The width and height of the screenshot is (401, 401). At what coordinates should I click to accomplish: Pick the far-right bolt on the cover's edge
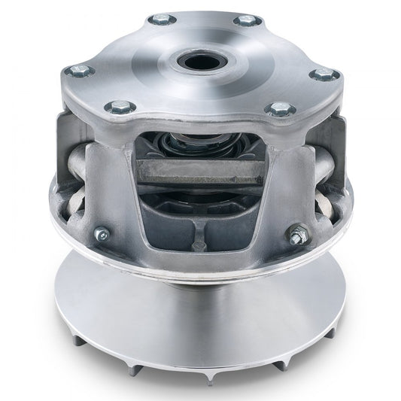[324, 74]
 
